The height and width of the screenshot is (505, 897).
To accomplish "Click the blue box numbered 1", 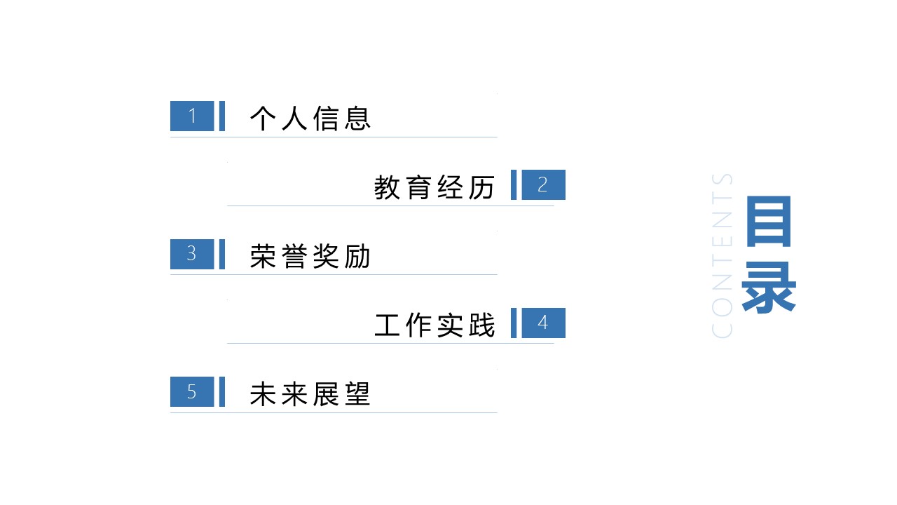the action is [x=192, y=116].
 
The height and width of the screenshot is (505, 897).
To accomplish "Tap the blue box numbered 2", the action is [x=543, y=184].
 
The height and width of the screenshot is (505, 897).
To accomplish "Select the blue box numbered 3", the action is [x=192, y=254].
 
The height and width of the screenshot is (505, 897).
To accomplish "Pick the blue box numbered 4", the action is [x=543, y=323].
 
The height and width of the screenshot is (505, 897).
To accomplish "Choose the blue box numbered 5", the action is [x=192, y=391].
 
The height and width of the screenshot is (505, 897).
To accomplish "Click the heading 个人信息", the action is [x=310, y=119].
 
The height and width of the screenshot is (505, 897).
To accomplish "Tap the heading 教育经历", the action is [x=434, y=187].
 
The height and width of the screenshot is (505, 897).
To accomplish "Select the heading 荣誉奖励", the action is [x=310, y=257].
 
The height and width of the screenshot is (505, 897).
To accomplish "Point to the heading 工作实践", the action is [x=434, y=325].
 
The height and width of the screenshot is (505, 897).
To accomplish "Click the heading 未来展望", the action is [x=310, y=394].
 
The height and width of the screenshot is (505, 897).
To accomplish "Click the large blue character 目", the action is [x=769, y=221].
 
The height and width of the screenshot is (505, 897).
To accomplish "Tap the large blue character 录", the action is [x=769, y=287].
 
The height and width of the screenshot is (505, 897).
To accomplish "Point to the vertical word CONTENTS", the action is [x=722, y=256].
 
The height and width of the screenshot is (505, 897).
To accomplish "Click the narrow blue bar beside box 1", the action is [x=222, y=116].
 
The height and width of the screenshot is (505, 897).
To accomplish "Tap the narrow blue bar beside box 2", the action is [x=514, y=184].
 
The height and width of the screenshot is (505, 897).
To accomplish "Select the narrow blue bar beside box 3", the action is [x=222, y=254].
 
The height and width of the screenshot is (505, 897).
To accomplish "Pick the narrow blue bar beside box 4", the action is [x=514, y=323].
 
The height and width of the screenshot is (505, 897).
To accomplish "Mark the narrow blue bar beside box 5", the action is [x=222, y=391].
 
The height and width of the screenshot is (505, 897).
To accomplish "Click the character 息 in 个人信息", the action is [x=357, y=119].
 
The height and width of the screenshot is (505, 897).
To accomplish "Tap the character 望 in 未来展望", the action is [x=357, y=394].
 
